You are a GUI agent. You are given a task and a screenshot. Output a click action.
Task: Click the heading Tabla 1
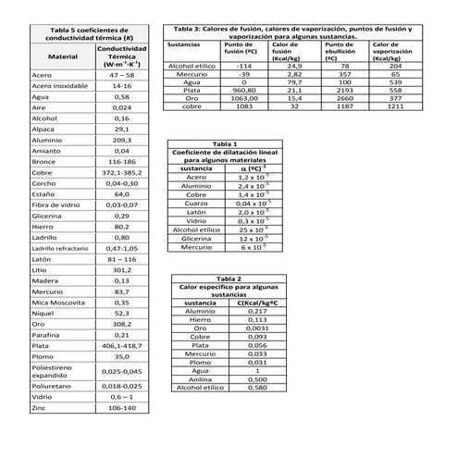[x=225, y=145]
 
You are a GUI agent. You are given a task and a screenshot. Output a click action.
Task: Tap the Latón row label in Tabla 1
[x=196, y=212]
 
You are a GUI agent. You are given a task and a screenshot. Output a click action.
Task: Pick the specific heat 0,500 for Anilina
[x=258, y=378]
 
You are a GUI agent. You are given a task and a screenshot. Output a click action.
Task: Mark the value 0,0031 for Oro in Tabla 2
[x=258, y=328]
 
